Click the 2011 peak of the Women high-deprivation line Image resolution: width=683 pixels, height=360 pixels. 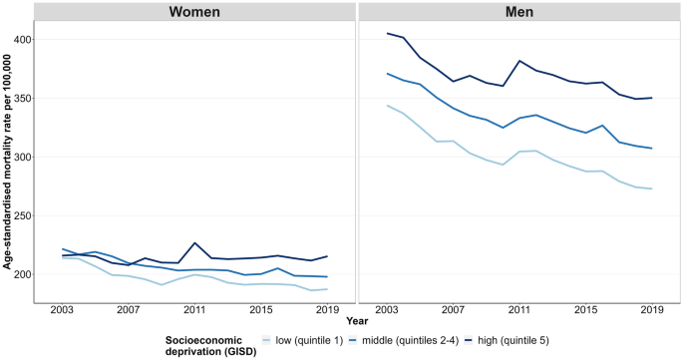coord(194,242)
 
